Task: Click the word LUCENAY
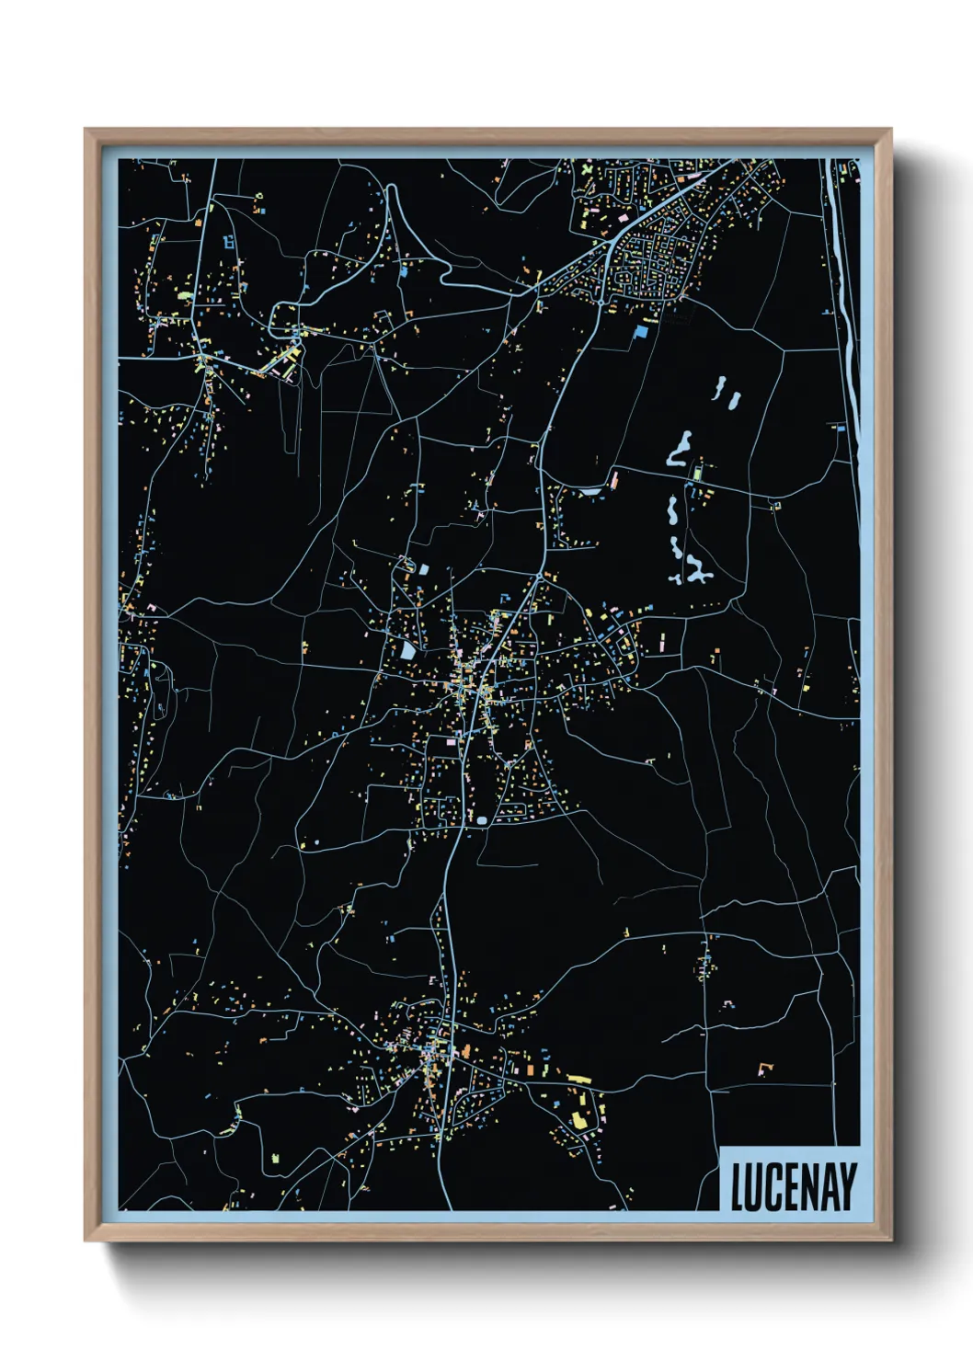click(x=793, y=1186)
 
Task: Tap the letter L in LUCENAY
click(x=738, y=1186)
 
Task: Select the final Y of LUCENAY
click(x=847, y=1186)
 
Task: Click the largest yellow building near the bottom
click(x=580, y=1118)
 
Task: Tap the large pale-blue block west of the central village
click(x=407, y=650)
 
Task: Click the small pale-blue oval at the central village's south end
click(x=481, y=819)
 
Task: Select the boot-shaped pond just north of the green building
click(x=681, y=449)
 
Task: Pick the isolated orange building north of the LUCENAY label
click(x=763, y=1069)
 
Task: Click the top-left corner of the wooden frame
click(x=86, y=131)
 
